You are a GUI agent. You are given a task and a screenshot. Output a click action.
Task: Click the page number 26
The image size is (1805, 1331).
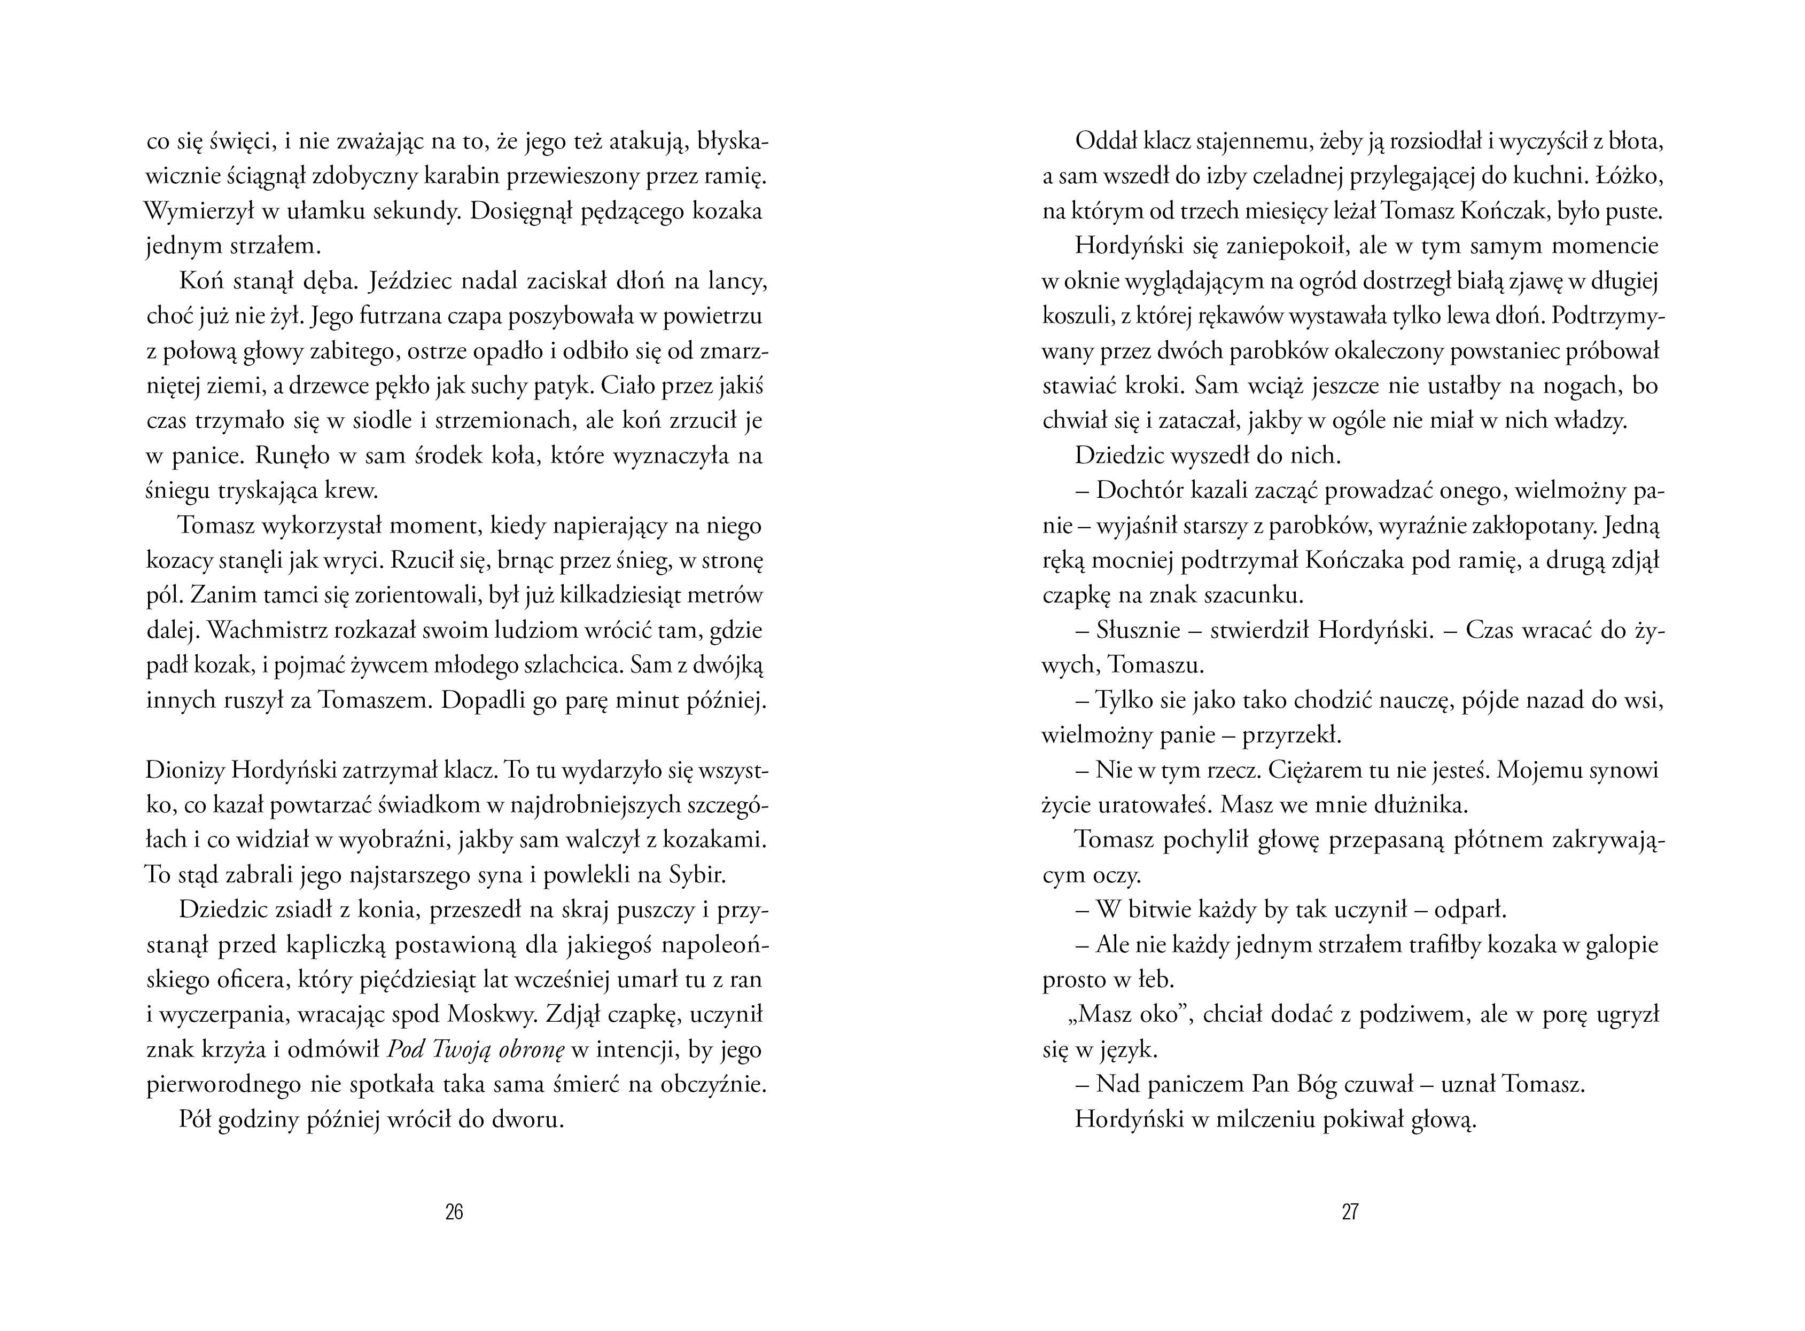click(x=454, y=1212)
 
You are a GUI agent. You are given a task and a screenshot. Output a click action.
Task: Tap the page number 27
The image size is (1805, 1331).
click(x=1350, y=1212)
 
